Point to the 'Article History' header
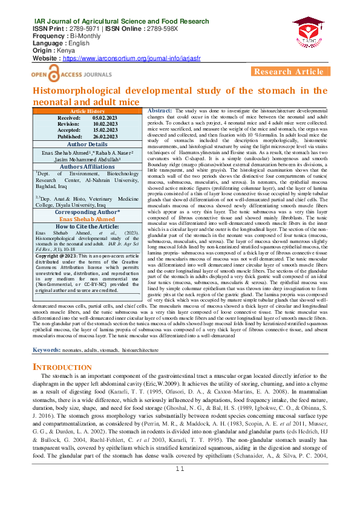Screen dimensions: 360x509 (x=88, y=112)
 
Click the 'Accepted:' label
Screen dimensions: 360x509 (x=70, y=130)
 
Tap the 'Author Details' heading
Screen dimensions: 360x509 (x=88, y=144)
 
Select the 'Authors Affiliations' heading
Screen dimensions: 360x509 (x=88, y=167)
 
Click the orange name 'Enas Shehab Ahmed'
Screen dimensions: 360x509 (x=88, y=219)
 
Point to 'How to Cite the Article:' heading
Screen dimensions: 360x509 (x=88, y=226)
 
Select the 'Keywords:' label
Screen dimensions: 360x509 (x=46, y=350)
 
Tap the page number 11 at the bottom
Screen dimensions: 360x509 (x=180, y=502)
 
